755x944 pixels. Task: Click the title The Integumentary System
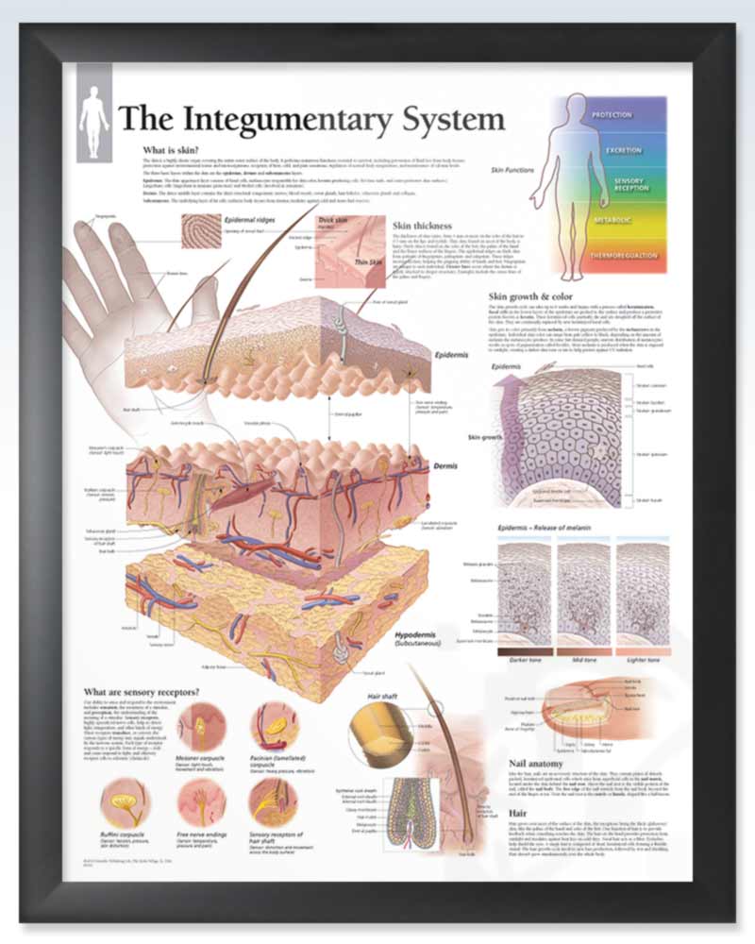pos(310,121)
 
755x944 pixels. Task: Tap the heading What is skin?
pos(169,150)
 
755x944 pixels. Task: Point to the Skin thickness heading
pos(422,227)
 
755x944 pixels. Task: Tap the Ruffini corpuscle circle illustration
pos(126,801)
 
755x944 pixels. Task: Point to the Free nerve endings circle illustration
pos(201,801)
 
